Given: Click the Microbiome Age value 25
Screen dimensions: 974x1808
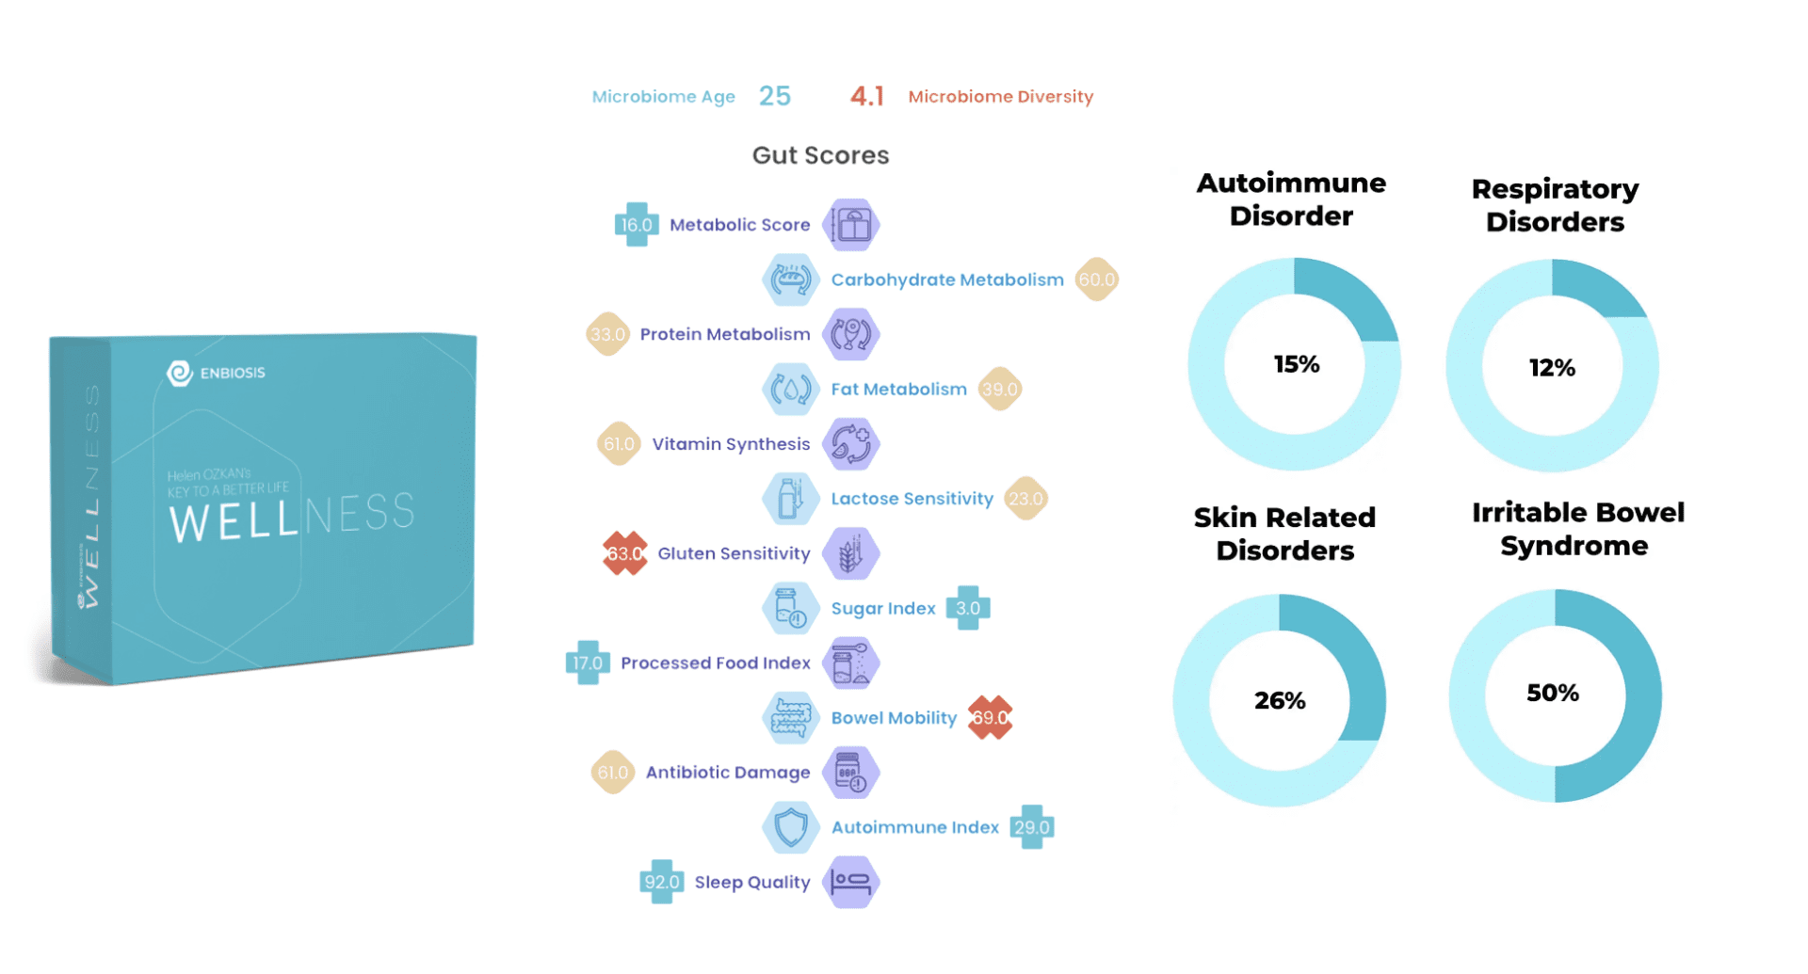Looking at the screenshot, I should point(775,96).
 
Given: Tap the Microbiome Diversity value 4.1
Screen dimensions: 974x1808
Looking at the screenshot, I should point(866,96).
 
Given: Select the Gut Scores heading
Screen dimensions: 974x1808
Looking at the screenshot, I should point(820,155).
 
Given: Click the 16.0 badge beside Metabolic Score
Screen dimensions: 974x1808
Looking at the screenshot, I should point(636,225).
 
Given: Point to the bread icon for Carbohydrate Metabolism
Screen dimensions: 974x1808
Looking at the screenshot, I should point(790,279).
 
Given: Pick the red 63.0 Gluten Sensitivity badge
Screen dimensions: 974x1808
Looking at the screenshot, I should point(624,553).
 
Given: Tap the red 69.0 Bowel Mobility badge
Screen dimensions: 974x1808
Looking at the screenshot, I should point(990,718).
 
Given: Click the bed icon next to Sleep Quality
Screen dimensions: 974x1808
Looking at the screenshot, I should point(851,882).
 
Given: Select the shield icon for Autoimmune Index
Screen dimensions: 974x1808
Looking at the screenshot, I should point(790,827).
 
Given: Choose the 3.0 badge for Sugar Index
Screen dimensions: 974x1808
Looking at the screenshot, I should point(968,608).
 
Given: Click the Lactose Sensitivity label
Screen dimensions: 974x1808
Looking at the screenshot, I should point(912,499).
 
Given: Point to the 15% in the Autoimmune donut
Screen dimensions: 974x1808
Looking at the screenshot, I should point(1296,364).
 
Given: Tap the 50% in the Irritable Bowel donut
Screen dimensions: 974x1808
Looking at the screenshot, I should point(1553,694).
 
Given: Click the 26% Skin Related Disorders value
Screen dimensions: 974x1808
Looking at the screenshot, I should point(1280,700).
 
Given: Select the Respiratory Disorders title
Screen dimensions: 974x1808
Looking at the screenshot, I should point(1555,205).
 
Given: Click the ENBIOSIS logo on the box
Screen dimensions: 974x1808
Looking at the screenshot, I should point(217,373).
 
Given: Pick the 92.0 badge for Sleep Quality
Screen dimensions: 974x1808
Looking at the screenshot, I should point(661,882).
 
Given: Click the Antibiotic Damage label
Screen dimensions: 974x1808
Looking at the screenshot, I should point(728,773).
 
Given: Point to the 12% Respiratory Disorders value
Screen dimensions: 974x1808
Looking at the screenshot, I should point(1552,368).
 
